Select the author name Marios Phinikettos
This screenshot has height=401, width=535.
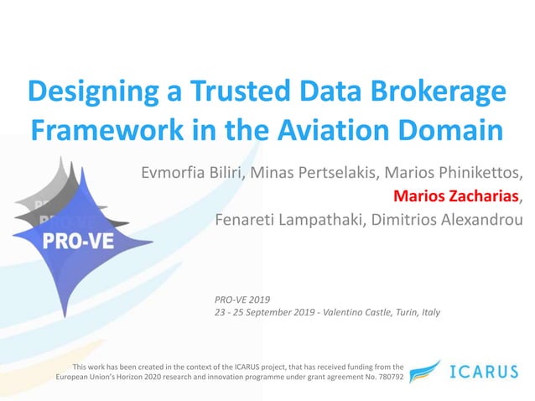coord(453,174)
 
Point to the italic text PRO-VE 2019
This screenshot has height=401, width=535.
coord(243,299)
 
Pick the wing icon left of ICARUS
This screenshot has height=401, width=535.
coord(425,372)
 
